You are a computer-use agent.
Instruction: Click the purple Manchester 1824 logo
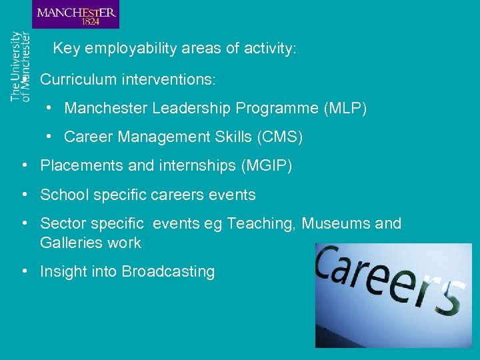click(75, 14)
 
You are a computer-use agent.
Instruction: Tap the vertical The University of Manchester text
click(20, 66)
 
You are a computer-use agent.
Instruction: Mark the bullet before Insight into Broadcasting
click(24, 271)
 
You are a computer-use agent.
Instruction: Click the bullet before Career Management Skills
click(49, 137)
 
